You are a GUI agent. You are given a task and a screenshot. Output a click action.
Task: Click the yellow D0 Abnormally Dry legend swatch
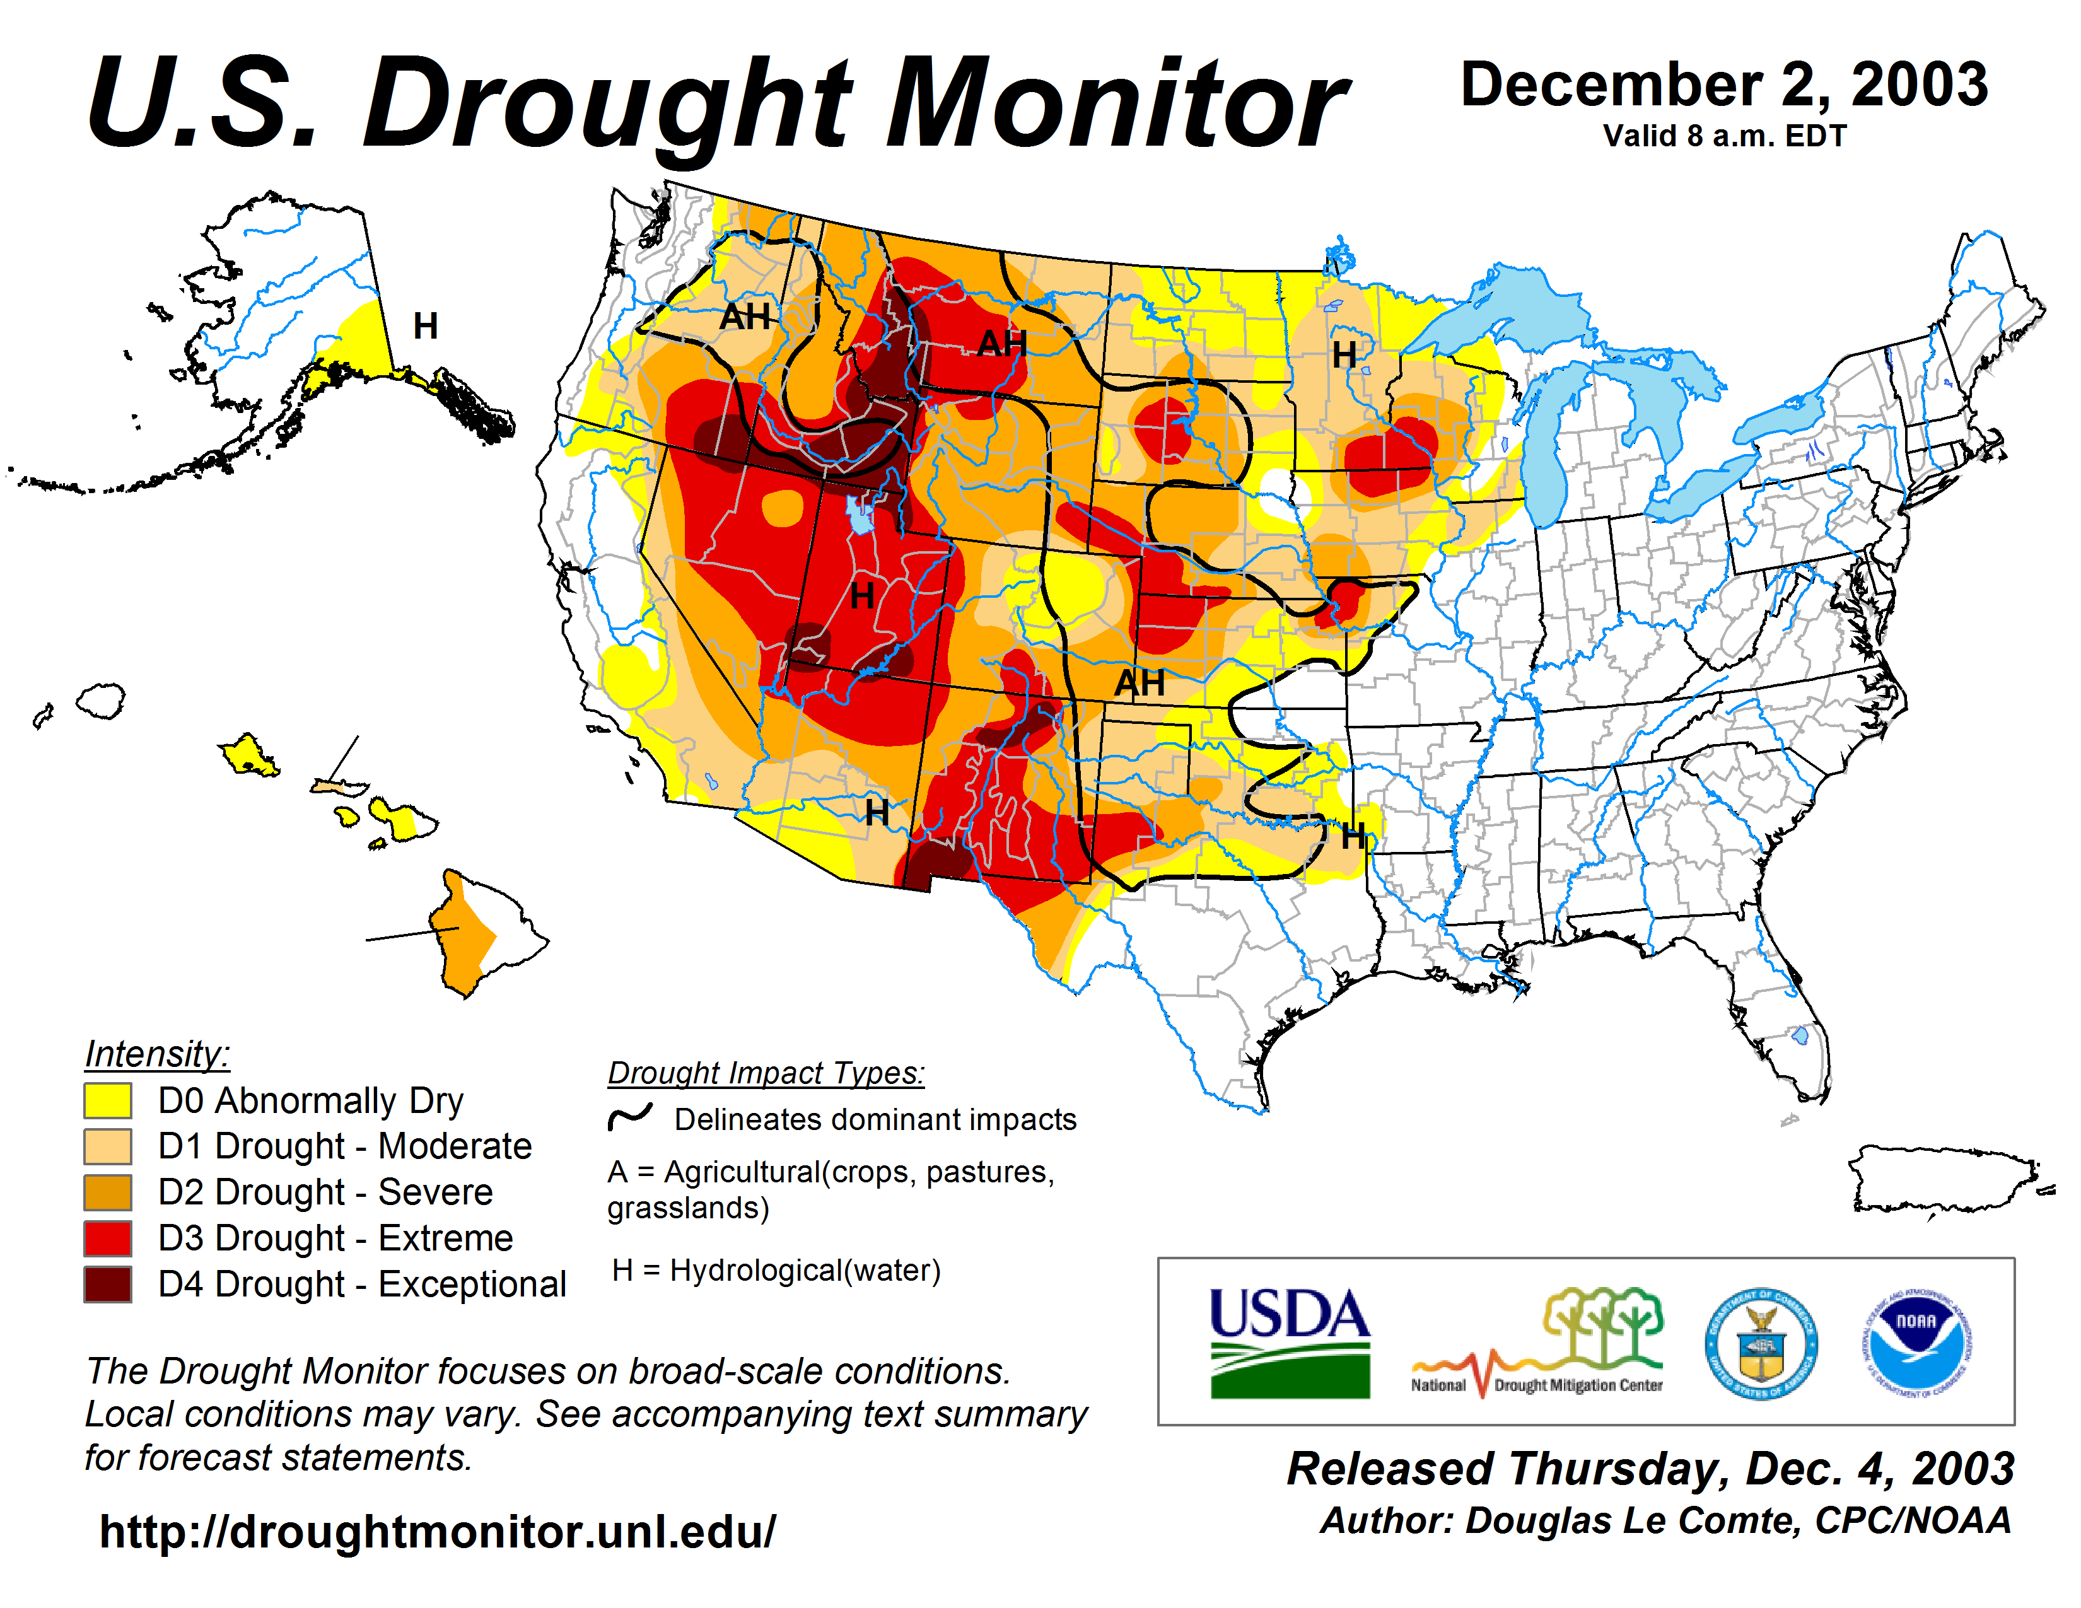click(108, 1100)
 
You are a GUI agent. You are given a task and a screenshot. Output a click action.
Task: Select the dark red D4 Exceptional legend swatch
click(108, 1284)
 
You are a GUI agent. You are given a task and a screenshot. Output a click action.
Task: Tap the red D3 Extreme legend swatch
click(108, 1238)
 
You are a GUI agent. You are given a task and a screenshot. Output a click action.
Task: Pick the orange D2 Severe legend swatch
click(108, 1192)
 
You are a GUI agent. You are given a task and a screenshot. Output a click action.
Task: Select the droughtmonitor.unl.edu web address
click(438, 1532)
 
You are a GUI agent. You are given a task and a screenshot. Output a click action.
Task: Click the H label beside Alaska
click(425, 327)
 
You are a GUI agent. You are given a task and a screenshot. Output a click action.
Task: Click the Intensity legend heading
click(157, 1054)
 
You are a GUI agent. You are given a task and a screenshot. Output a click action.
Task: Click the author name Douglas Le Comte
click(1632, 1522)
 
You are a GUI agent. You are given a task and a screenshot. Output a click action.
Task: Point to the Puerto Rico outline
click(1944, 1179)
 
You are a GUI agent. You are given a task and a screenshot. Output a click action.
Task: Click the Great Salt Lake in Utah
click(860, 515)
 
